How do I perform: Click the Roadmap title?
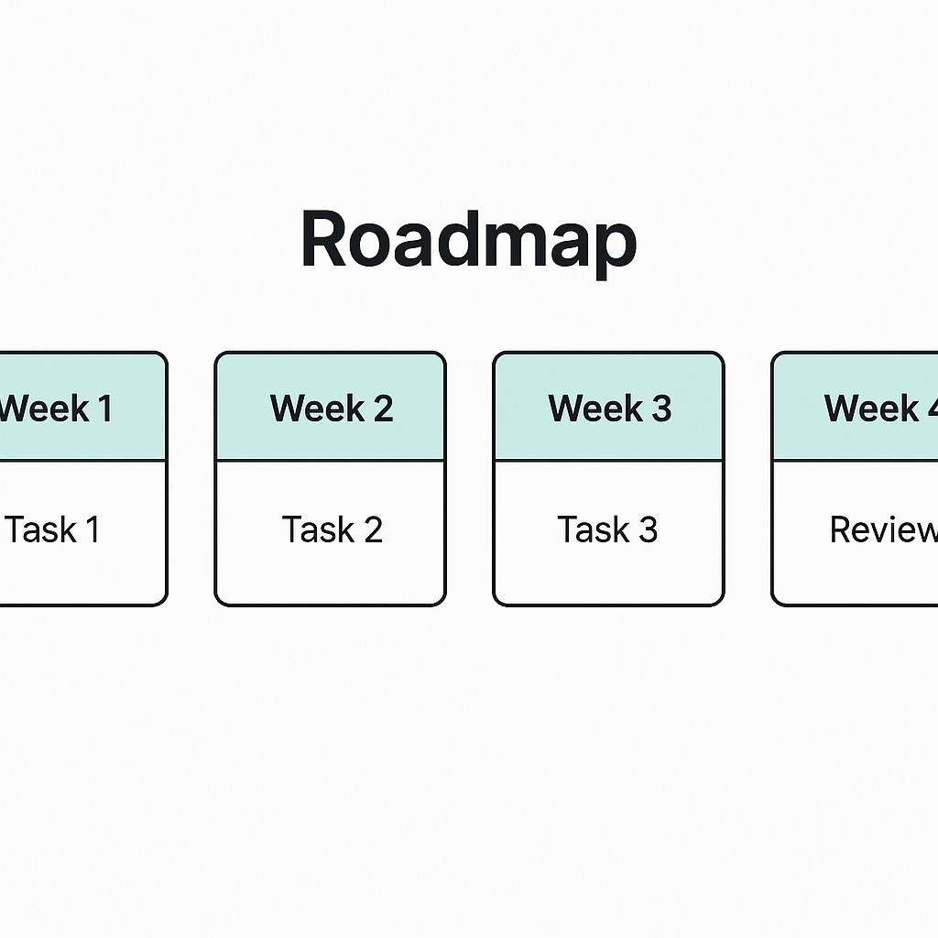tap(469, 241)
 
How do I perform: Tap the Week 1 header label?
tap(56, 409)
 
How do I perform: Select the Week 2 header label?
tap(332, 408)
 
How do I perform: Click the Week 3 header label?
tap(609, 408)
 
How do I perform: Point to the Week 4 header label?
tap(880, 408)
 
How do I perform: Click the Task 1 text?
tap(52, 529)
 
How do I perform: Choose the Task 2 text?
tap(332, 529)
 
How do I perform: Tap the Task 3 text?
tap(607, 529)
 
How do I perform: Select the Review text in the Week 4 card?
tap(884, 529)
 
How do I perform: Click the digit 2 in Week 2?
tap(384, 408)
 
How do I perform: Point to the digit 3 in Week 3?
tap(661, 408)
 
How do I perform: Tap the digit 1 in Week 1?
tap(105, 409)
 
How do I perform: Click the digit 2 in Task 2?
tap(373, 529)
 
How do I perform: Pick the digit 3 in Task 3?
tap(648, 529)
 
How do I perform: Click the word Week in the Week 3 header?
tap(595, 408)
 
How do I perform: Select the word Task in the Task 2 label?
tap(318, 529)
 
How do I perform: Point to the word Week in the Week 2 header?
tap(317, 408)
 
